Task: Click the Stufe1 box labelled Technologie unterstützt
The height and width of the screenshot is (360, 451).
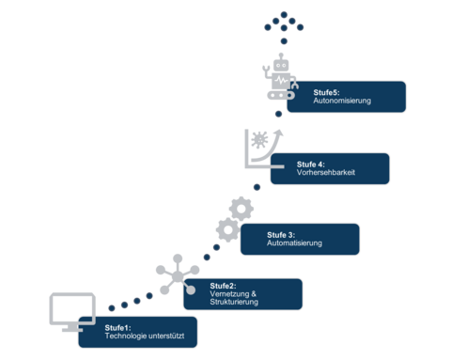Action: coord(138,332)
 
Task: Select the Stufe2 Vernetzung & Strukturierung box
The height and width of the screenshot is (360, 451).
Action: coord(242,294)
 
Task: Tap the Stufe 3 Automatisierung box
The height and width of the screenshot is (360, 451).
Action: coord(299,239)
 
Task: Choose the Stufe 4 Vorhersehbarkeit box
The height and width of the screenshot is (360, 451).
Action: coord(329,168)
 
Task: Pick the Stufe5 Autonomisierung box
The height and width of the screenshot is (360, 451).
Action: coord(346,97)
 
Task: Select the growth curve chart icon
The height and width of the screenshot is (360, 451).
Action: coord(262,148)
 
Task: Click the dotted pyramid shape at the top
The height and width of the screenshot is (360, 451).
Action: coord(281,23)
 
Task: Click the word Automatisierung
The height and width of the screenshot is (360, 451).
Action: coord(294,243)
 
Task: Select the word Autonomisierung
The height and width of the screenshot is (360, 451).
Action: coord(344,101)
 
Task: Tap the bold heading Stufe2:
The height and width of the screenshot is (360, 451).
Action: coord(223,286)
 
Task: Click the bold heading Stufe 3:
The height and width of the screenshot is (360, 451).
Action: coord(281,234)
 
